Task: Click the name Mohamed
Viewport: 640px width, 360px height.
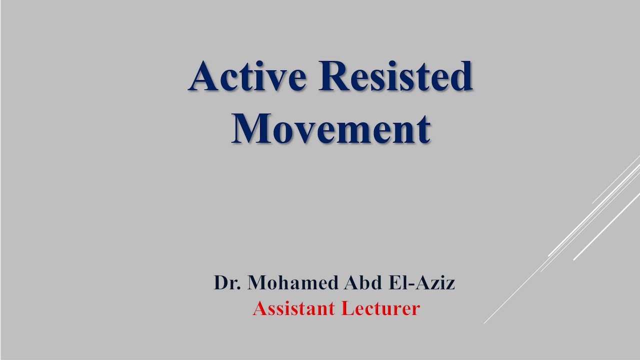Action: [x=292, y=283]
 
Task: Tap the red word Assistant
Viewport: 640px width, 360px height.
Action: [x=294, y=308]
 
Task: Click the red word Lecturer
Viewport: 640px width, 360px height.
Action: [x=380, y=308]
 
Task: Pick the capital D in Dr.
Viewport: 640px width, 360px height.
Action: [x=220, y=283]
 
